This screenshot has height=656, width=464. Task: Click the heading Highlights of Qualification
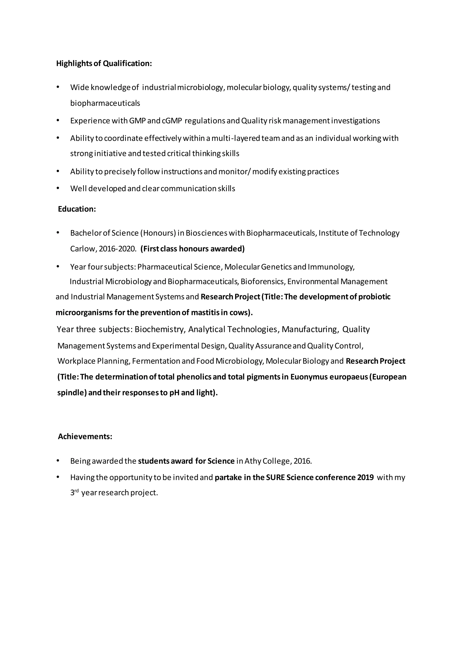[x=104, y=63]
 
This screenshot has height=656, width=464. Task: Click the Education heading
[x=77, y=209]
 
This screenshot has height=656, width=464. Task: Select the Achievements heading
[x=85, y=437]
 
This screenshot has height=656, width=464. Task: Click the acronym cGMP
[x=172, y=121]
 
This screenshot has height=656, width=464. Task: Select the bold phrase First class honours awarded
[x=193, y=249]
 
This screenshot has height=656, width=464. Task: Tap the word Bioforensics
[x=263, y=282]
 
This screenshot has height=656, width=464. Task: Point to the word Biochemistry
[x=160, y=329]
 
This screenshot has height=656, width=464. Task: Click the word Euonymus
[x=309, y=377]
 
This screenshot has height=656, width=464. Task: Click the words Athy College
[x=267, y=461]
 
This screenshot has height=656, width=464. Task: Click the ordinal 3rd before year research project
[x=74, y=493]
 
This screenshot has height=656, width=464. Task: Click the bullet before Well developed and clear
[x=58, y=188]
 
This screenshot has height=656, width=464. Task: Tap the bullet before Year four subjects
[x=58, y=267]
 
